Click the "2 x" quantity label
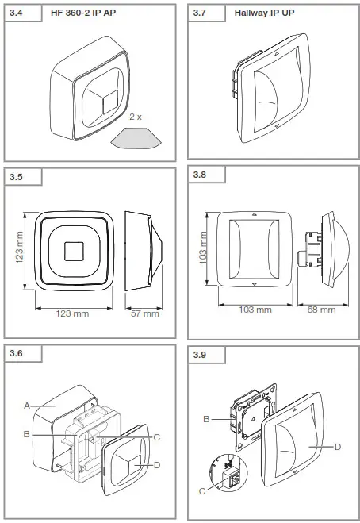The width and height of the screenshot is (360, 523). (135, 116)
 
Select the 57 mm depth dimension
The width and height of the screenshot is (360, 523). (144, 313)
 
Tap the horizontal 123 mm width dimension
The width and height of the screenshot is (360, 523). (71, 313)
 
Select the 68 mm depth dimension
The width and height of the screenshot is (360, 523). (321, 309)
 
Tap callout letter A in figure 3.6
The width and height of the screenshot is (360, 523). (26, 405)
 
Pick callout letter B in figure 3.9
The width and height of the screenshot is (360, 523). (206, 418)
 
